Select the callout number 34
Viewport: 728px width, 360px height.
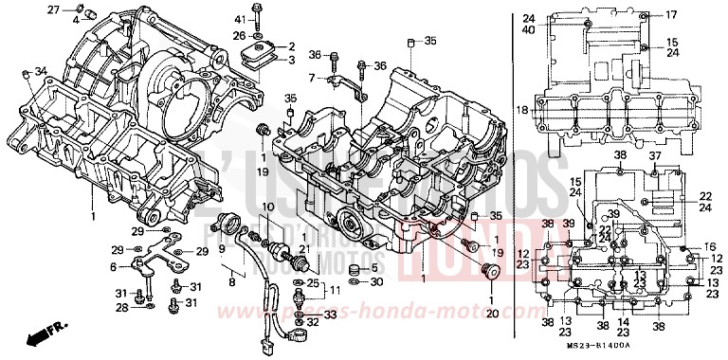40,73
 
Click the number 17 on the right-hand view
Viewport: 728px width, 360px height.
671,14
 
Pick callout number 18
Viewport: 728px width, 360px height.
521,110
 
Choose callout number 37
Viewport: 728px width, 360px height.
654,154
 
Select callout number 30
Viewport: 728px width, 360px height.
376,281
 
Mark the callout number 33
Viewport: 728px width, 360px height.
330,314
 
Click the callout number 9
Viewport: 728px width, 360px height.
223,250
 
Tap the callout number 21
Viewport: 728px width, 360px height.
303,250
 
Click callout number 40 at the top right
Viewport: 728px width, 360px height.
528,29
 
